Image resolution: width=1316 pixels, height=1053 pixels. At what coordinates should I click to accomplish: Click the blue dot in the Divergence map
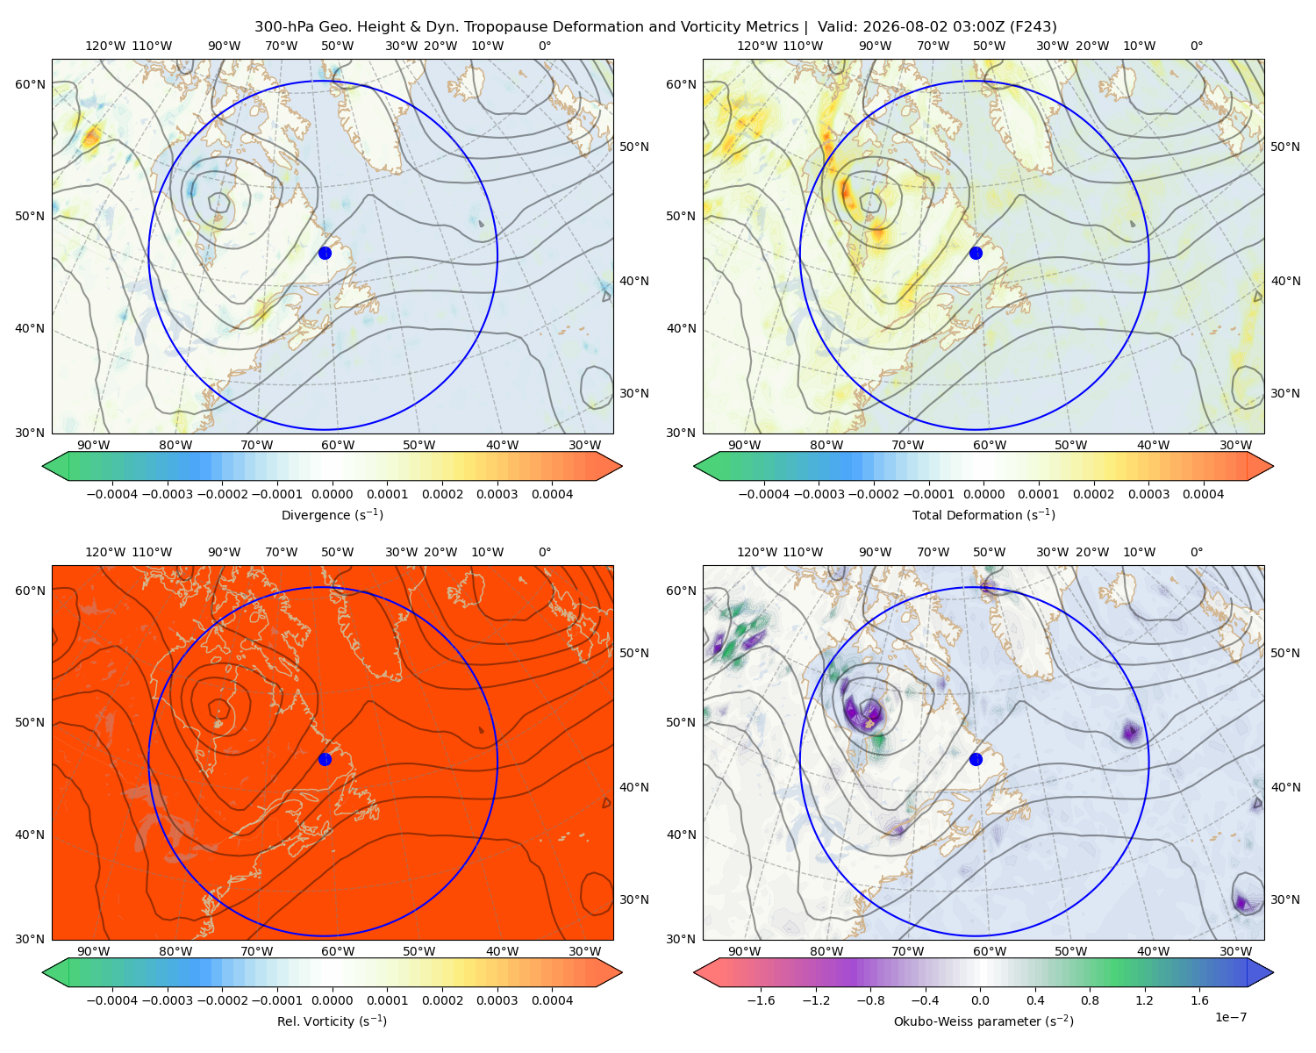click(325, 253)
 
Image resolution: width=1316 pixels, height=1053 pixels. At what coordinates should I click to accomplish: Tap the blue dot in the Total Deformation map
click(976, 253)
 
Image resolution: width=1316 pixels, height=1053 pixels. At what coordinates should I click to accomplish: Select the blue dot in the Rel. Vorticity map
click(325, 759)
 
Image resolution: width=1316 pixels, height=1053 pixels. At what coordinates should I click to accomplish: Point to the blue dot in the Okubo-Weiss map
click(976, 759)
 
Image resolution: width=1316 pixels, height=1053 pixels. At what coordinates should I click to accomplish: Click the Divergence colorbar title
click(332, 514)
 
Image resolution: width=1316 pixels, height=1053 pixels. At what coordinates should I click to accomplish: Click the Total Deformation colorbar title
click(983, 514)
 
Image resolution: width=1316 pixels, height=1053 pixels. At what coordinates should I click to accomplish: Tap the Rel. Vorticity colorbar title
click(332, 1021)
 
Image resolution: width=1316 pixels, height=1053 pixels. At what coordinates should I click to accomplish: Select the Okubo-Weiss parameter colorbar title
click(983, 1021)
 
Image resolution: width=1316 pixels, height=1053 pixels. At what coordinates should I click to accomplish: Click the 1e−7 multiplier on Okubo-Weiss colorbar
click(1230, 1017)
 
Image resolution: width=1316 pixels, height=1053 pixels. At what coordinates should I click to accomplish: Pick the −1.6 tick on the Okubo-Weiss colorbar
click(761, 1000)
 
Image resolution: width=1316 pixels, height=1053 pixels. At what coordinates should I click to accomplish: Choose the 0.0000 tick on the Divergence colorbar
click(332, 494)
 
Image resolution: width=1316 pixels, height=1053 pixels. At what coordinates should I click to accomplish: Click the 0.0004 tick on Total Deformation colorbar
click(1203, 494)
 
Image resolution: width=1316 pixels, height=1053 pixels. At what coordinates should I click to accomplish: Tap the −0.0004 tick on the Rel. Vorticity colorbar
click(112, 1000)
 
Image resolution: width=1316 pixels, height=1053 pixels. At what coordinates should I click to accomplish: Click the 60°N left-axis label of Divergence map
click(30, 84)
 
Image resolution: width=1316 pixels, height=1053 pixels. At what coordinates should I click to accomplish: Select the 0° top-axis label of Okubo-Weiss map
click(1196, 552)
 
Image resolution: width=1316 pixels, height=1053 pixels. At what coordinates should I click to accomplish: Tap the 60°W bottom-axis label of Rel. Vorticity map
click(338, 951)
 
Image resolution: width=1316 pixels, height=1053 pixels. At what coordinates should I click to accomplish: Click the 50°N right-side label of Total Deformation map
click(1285, 147)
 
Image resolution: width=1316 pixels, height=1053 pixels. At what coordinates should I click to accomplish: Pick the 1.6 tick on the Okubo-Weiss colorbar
click(1199, 1000)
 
